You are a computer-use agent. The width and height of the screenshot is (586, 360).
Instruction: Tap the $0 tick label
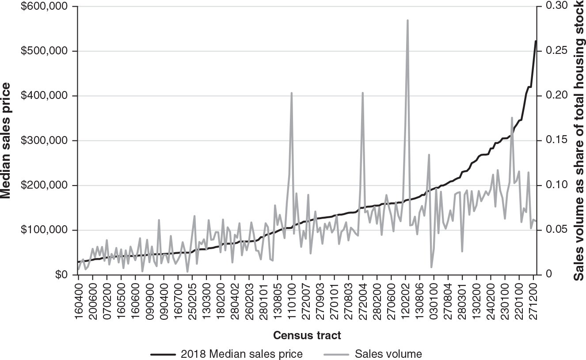pos(61,275)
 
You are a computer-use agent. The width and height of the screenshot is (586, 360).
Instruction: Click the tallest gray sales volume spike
pos(407,20)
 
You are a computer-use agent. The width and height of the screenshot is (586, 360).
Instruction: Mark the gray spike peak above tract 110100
pos(292,93)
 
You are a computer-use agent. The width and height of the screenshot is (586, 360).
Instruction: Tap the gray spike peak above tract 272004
pos(363,93)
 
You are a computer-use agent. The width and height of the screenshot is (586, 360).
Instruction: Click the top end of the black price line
pos(536,41)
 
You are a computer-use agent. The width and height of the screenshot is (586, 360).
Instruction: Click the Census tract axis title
pos(307,335)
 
